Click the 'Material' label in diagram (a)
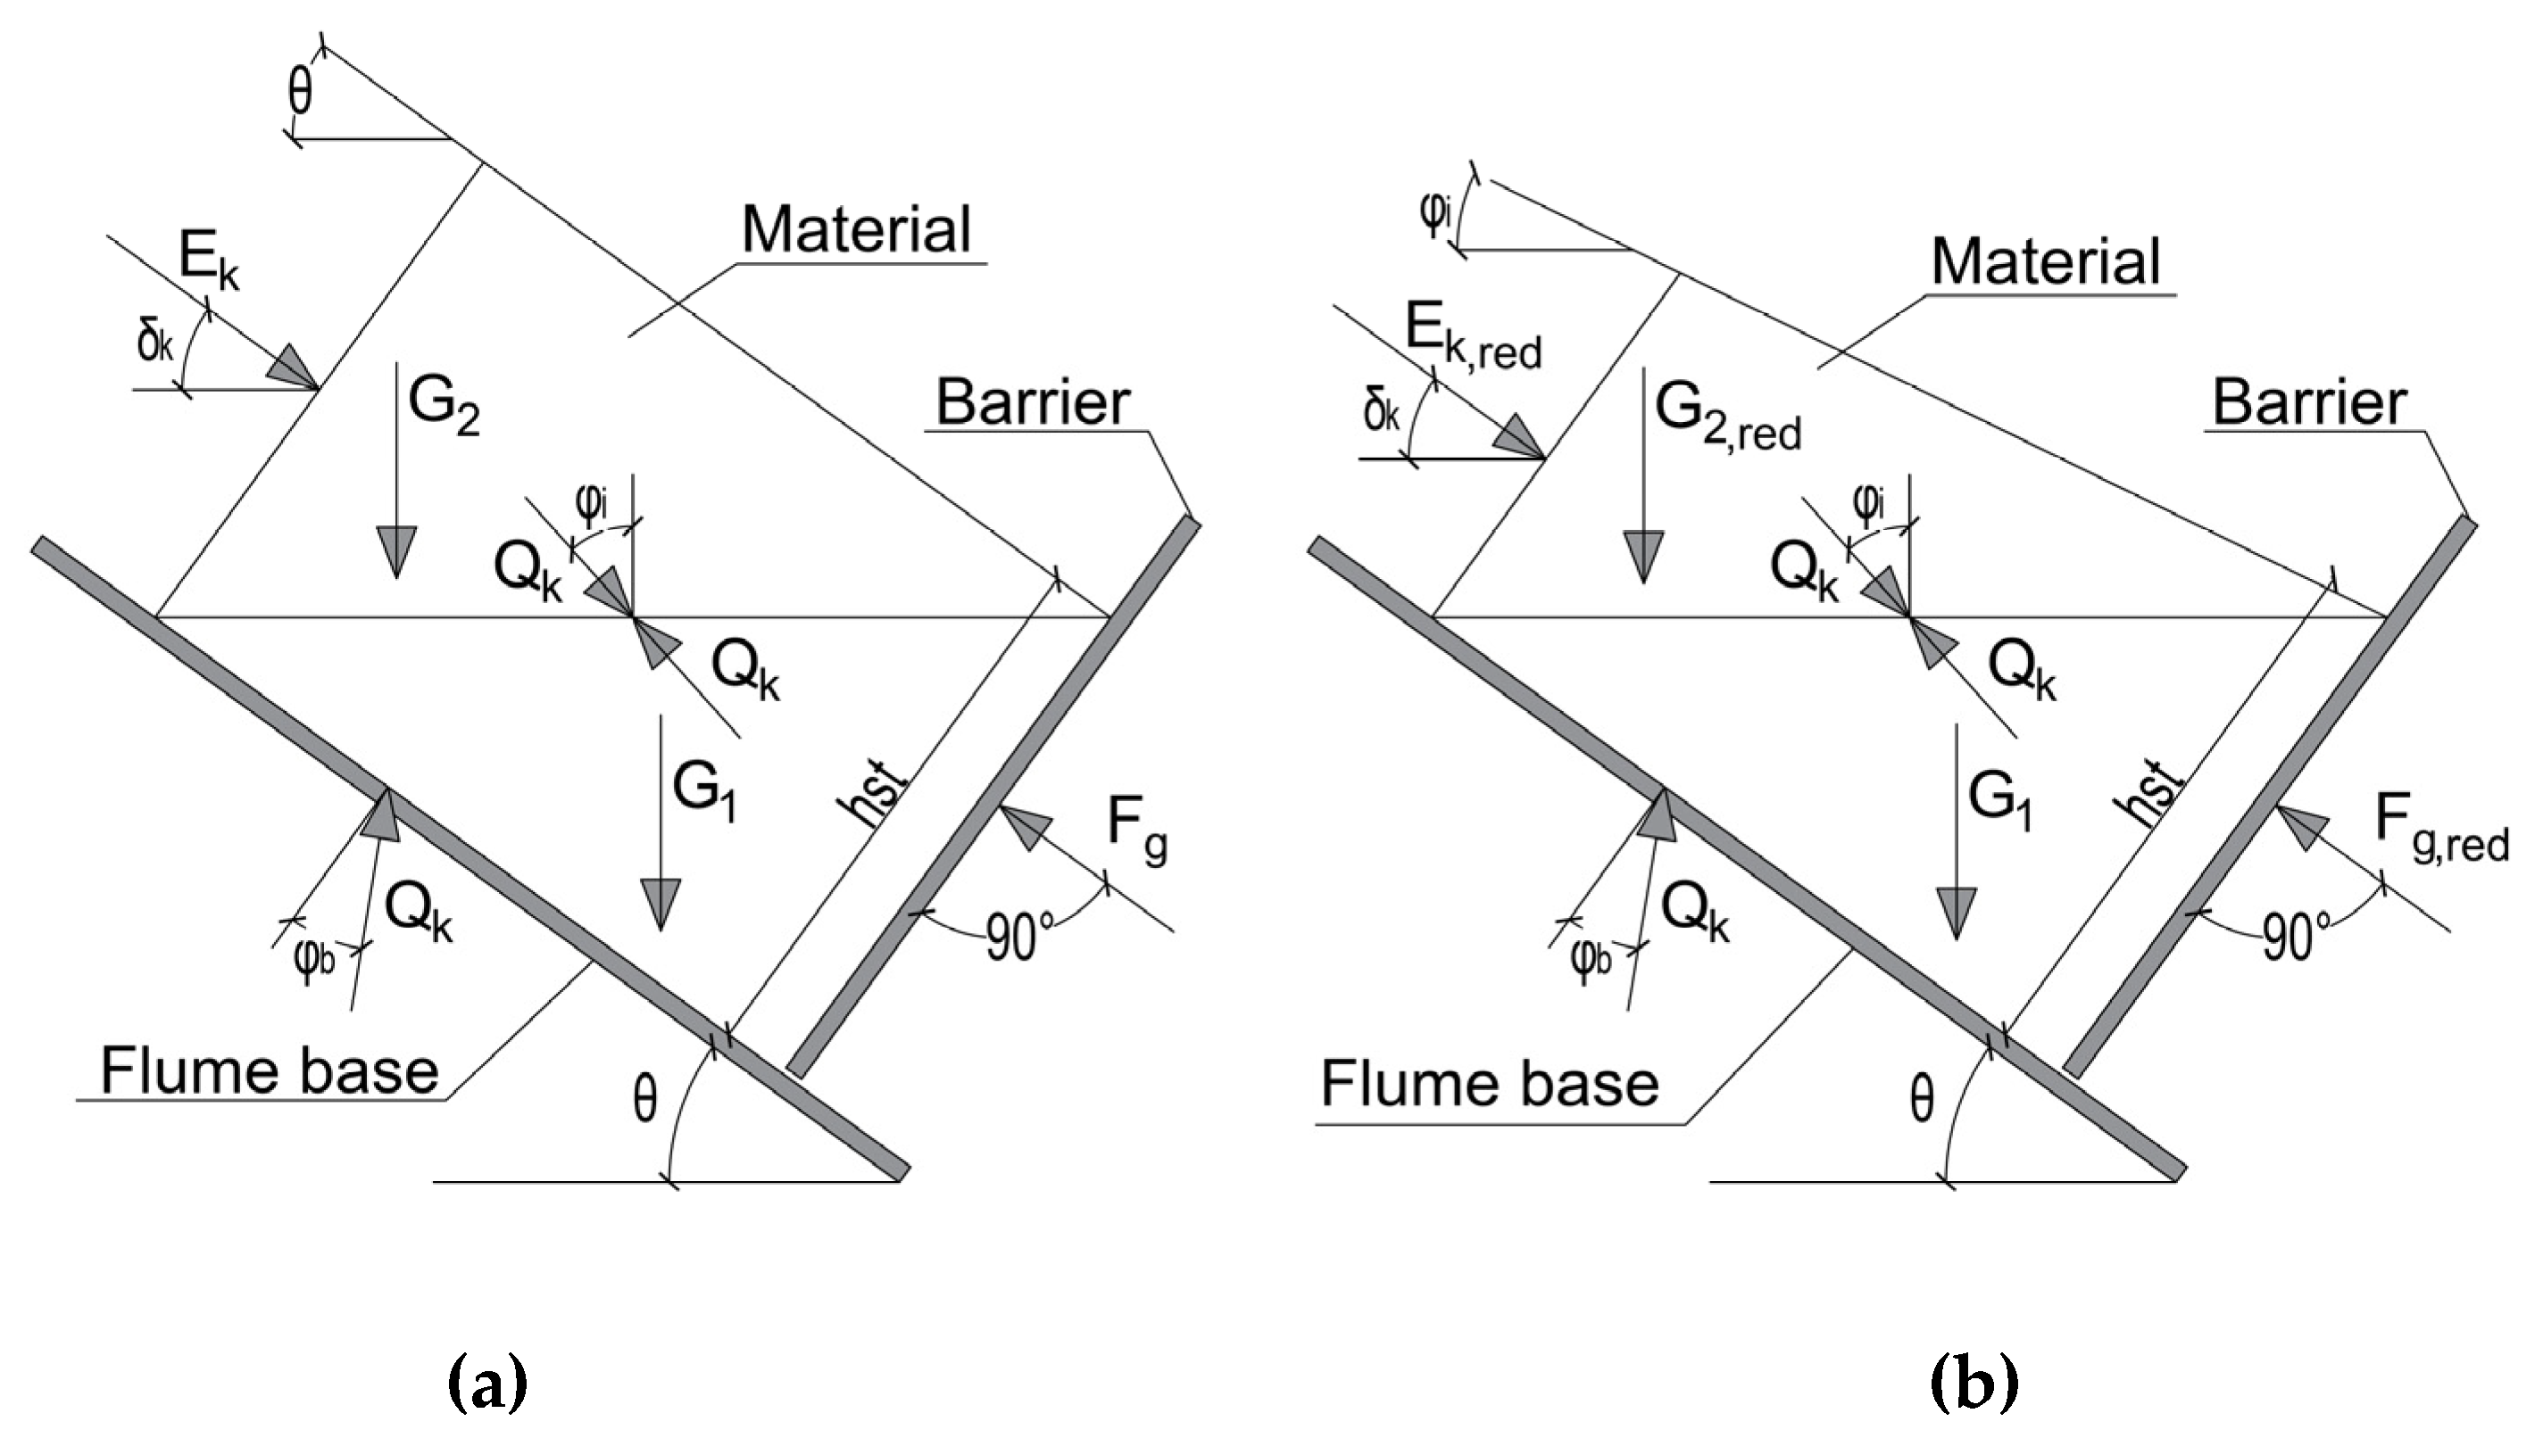click(x=857, y=230)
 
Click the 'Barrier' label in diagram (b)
click(x=2309, y=403)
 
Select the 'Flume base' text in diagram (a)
click(x=269, y=1071)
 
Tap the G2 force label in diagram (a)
click(x=443, y=407)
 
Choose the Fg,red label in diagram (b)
click(x=2440, y=849)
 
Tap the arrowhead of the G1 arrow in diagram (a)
click(x=659, y=903)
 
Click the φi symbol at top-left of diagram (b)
click(x=1434, y=215)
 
